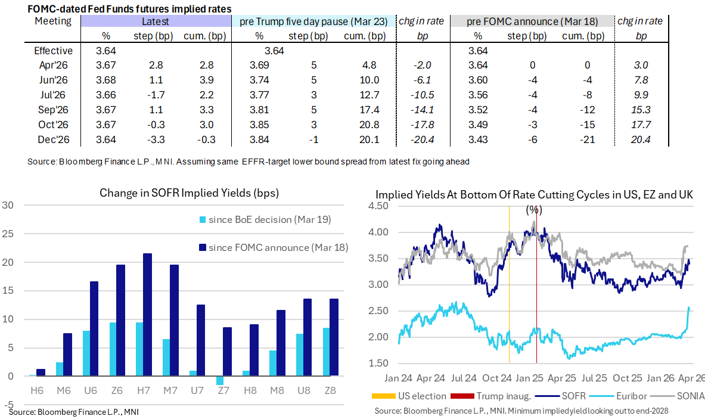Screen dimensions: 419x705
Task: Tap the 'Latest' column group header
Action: click(156, 21)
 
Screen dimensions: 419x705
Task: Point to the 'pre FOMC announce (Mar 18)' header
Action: click(532, 21)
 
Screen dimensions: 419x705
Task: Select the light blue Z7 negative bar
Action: click(220, 380)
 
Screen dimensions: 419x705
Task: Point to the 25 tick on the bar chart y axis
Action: click(8, 234)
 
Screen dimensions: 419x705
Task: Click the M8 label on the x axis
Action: click(277, 390)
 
